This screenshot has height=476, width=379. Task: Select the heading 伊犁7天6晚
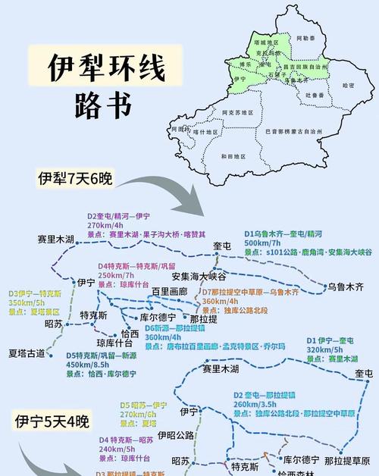[76, 179]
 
